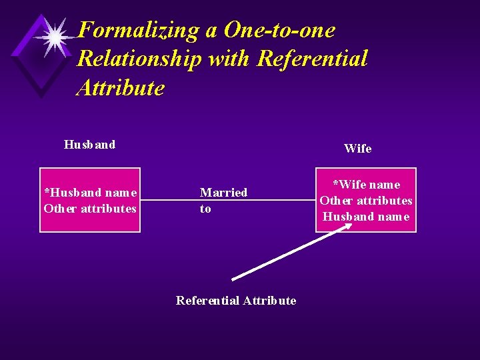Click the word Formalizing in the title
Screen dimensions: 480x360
tap(137, 30)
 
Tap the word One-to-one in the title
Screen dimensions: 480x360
tap(280, 30)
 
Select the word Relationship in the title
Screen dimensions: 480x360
tap(139, 59)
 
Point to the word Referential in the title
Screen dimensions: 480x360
tap(311, 59)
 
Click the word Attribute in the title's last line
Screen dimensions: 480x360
tap(121, 87)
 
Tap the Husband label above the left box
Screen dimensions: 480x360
tap(89, 145)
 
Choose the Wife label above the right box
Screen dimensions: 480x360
tap(358, 149)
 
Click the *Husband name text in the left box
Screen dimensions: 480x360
tap(91, 193)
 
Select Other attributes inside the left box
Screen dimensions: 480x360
tap(90, 209)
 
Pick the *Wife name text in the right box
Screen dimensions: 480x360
tap(366, 185)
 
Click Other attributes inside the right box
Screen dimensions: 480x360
tap(366, 201)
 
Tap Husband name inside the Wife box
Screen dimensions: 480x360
tap(366, 217)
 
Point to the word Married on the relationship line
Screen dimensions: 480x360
tap(223, 193)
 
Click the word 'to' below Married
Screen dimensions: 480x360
tap(205, 209)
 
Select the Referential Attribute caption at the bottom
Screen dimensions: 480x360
tap(236, 301)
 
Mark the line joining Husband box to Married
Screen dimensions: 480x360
tap(169, 200)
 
